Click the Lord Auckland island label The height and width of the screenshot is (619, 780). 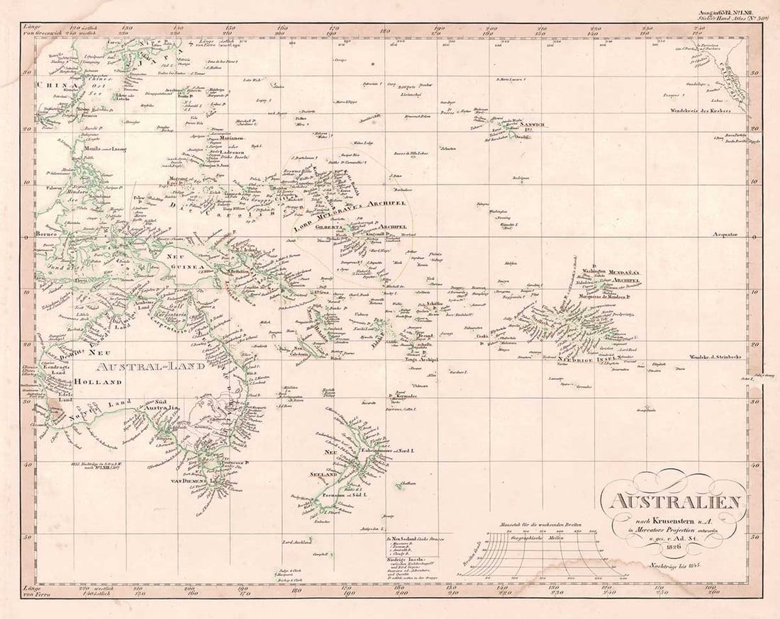coord(298,542)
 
